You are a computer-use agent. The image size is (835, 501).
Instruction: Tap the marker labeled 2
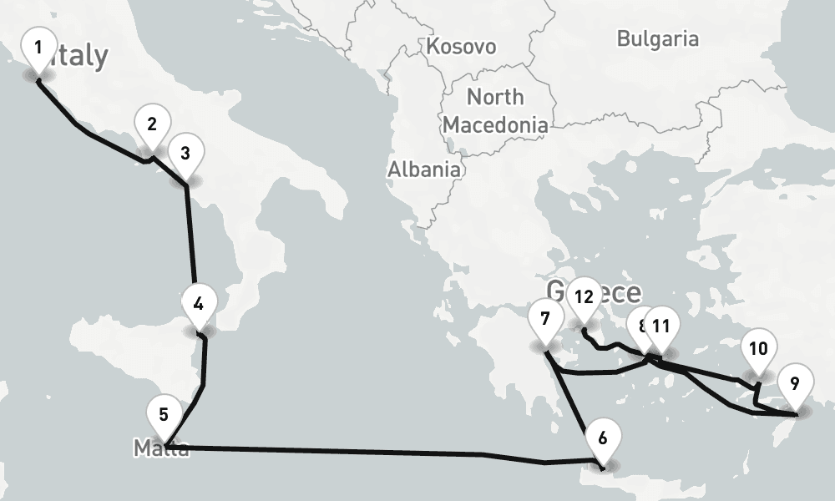coord(151,125)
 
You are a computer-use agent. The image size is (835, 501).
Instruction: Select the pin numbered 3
coord(185,154)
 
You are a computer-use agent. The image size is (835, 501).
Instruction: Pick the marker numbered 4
coord(198,304)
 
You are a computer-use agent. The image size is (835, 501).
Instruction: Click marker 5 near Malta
coord(164,415)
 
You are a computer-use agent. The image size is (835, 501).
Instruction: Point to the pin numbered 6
coord(603,438)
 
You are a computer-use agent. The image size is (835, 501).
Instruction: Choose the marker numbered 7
coord(545,319)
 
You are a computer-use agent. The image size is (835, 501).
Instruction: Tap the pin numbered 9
coord(794,384)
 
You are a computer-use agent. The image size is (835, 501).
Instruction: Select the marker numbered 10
coord(758,348)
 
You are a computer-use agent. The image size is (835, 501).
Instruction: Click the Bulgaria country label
coord(657,38)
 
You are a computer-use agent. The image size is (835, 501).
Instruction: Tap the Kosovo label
coord(461,46)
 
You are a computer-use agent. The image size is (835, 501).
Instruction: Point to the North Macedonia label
coord(495,111)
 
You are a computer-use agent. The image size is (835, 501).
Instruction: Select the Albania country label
coord(423,169)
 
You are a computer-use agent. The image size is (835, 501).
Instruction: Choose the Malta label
coord(161,449)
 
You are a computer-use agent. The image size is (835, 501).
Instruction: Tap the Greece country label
coord(618,292)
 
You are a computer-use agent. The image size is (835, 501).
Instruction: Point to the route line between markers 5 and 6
coord(376,452)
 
